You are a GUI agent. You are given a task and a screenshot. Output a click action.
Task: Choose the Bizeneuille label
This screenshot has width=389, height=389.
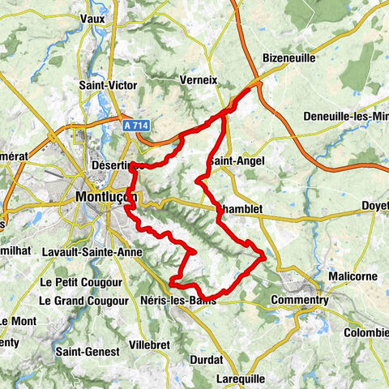point(289,58)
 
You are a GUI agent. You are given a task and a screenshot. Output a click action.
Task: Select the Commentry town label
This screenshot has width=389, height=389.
point(300,299)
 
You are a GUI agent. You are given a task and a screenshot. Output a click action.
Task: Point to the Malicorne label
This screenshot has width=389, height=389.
point(353,276)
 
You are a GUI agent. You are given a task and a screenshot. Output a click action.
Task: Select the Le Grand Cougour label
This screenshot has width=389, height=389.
point(83,300)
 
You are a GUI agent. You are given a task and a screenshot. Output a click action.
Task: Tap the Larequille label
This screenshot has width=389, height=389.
point(246,378)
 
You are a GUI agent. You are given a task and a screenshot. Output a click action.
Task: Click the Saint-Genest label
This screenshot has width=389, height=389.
point(87,352)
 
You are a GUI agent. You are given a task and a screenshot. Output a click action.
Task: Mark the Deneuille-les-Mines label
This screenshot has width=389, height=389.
point(345,117)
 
